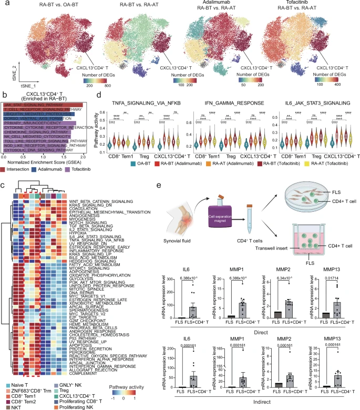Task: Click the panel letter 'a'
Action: [x=4, y=4]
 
